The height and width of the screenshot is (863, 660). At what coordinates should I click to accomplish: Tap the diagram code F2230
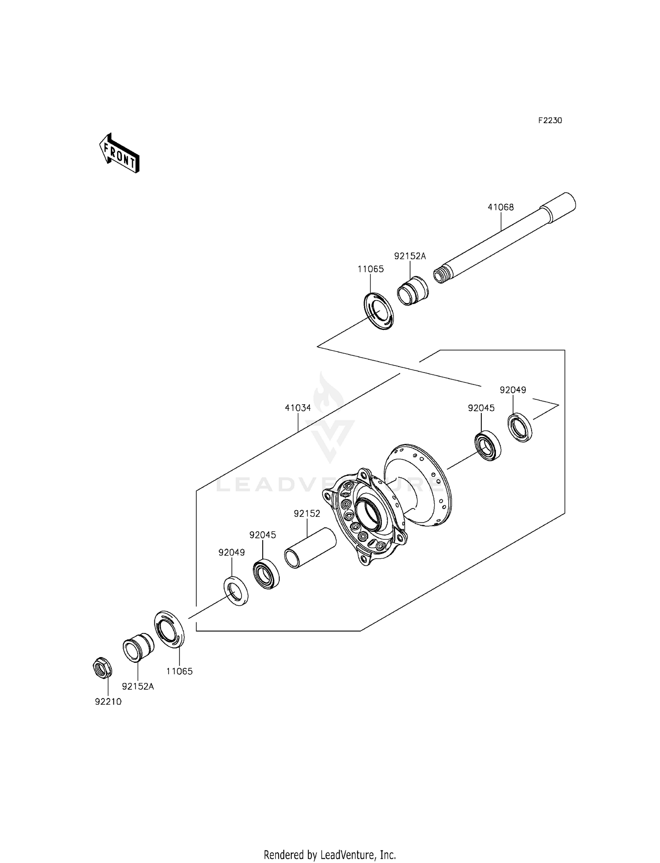550,121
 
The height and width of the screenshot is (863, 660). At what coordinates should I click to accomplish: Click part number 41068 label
500,207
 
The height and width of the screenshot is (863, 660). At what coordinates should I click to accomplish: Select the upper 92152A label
410,256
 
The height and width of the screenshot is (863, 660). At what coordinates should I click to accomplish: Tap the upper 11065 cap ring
378,311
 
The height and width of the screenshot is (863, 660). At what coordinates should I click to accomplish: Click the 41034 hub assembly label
297,408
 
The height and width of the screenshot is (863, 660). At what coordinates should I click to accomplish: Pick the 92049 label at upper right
513,390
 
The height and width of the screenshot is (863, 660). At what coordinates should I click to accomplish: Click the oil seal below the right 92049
520,427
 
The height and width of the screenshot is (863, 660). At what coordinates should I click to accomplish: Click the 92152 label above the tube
307,514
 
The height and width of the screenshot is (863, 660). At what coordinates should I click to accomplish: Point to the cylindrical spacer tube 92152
310,548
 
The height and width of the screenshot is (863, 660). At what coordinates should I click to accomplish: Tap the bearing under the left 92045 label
266,573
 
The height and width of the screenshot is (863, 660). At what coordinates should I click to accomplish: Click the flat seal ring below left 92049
236,590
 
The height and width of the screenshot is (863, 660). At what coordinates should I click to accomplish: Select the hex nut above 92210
103,669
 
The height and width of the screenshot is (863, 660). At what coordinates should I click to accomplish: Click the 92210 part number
108,702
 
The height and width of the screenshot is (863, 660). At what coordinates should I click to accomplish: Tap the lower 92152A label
138,687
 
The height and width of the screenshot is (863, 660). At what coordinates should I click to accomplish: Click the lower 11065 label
179,671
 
